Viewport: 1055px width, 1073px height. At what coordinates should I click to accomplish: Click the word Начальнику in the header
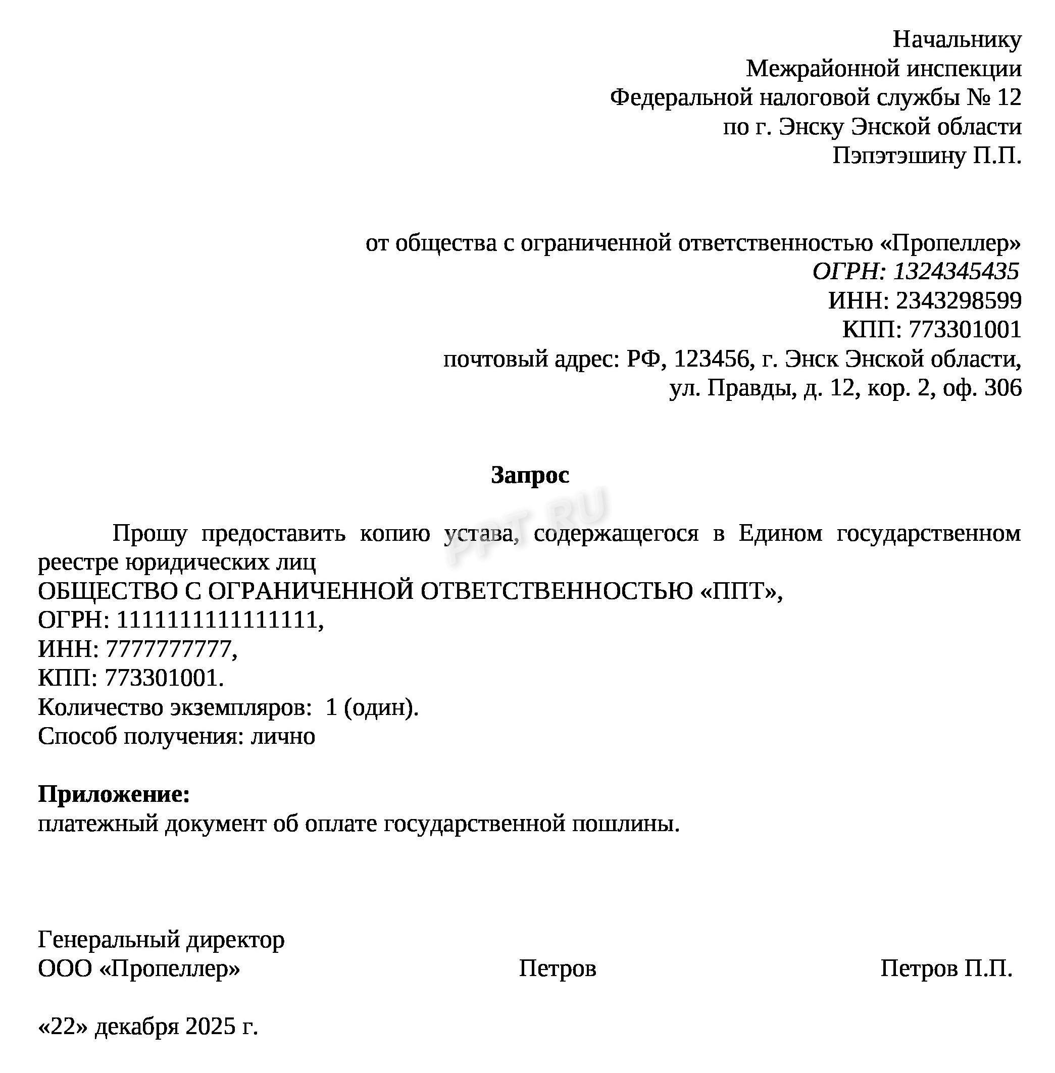(957, 40)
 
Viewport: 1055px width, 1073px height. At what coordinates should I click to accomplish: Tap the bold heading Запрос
(530, 475)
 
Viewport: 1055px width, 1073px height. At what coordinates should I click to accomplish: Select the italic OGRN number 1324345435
(956, 272)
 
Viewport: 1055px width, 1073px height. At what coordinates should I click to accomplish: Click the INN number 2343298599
(959, 301)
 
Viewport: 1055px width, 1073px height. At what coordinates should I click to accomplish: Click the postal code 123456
(712, 360)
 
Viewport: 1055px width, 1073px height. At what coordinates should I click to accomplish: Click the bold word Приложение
(114, 794)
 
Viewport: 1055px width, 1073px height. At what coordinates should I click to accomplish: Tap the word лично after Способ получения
(283, 736)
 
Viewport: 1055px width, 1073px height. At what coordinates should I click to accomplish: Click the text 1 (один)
(371, 707)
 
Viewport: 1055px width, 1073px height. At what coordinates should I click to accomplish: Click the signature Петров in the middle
(557, 969)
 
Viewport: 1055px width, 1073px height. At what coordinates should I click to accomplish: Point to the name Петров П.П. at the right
(946, 969)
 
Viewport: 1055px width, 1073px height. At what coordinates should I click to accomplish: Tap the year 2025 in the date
(211, 1027)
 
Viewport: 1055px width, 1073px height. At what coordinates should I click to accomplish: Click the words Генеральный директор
(161, 940)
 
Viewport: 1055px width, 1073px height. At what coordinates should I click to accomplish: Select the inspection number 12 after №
(1009, 98)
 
